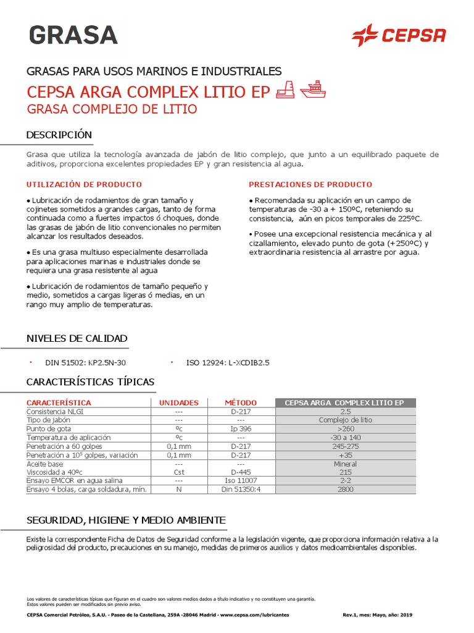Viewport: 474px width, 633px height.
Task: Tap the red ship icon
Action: [x=313, y=90]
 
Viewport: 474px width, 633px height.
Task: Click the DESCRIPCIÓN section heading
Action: [x=59, y=135]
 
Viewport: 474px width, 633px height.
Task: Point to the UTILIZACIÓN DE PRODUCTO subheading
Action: [x=84, y=184]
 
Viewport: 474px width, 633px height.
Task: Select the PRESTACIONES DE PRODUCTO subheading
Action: [x=310, y=184]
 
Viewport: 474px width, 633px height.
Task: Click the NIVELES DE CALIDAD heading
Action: [x=77, y=338]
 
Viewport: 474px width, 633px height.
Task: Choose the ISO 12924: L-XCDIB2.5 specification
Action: [x=228, y=363]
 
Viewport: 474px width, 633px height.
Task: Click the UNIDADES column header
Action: [x=179, y=402]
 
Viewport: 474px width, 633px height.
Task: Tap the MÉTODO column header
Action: [x=241, y=402]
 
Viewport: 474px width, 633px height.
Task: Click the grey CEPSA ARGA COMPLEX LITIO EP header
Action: [x=344, y=402]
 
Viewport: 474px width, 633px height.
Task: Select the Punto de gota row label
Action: [x=49, y=428]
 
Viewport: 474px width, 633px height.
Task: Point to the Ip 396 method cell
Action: [x=241, y=428]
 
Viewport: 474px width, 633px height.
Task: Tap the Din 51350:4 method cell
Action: [x=241, y=489]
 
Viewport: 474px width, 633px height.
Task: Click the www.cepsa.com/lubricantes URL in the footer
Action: [x=254, y=615]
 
